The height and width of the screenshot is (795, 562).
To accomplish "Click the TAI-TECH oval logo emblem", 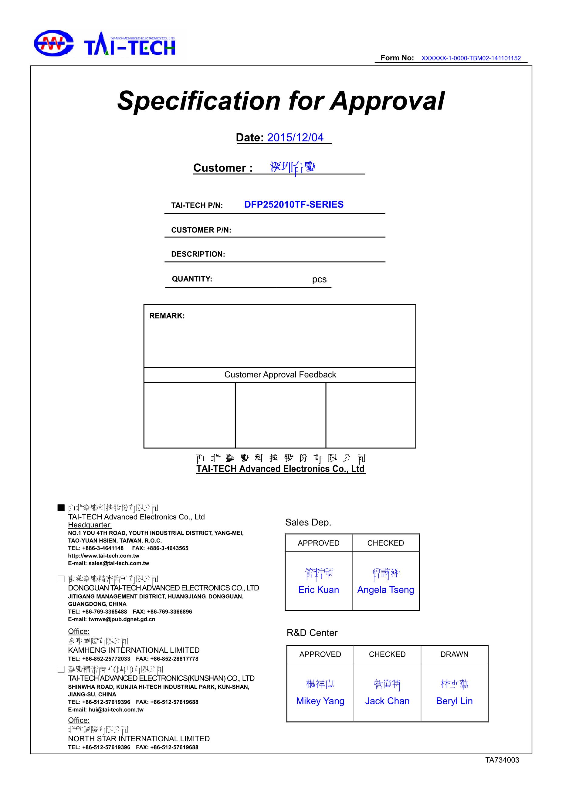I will coord(53,43).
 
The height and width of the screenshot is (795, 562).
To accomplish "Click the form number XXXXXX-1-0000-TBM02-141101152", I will coord(471,59).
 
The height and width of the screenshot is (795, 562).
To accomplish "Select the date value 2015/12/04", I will coord(295,137).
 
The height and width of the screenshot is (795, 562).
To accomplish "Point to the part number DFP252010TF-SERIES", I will coord(294,205).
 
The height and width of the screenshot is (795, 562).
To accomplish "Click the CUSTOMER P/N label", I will coord(201,230).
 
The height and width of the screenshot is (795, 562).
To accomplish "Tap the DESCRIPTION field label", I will coord(198,254).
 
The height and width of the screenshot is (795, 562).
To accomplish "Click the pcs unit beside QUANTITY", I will coord(319,279).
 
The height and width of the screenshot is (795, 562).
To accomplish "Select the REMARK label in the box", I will coord(167,316).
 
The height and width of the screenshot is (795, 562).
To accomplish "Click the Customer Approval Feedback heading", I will coord(280,375).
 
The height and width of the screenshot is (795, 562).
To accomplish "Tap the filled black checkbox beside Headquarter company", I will coord(61,508).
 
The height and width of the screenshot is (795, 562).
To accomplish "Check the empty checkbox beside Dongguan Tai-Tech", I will coord(61,579).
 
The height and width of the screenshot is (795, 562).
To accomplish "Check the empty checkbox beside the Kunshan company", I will coord(61,669).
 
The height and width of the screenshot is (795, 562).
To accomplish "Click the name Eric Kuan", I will coord(318,590).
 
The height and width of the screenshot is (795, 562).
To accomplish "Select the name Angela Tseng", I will coord(385,590).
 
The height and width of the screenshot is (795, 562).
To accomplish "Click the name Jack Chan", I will coord(387,701).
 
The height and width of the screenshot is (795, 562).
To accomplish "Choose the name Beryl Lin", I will coord(454,701).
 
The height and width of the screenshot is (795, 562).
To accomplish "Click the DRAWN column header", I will coord(454,654).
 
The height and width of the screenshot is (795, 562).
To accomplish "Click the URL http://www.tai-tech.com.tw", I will coord(103,556).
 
